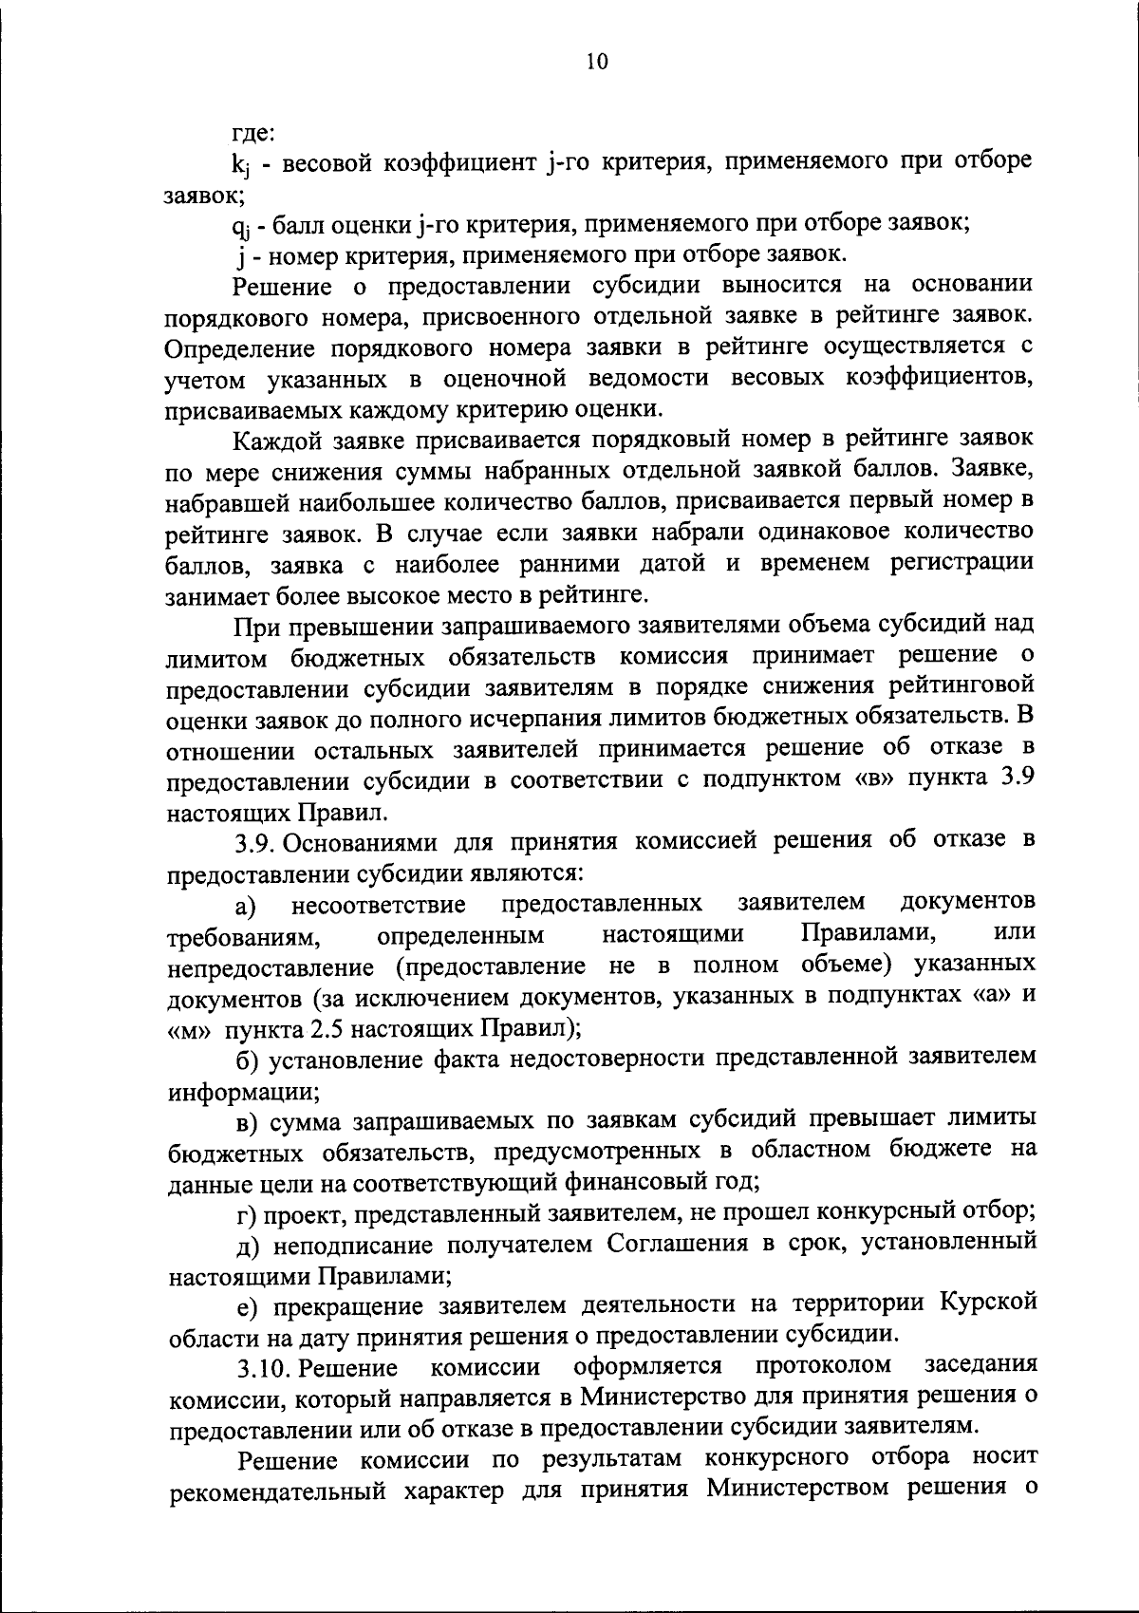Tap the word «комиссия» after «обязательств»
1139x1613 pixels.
tap(673, 655)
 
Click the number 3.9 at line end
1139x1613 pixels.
tap(1014, 779)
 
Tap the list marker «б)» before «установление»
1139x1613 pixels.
tap(247, 1058)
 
